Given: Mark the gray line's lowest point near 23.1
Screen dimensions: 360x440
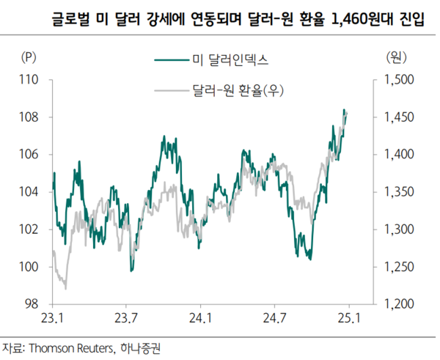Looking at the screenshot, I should pos(65,288).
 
